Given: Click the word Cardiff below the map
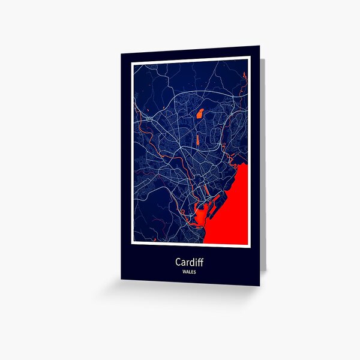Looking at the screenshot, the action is pos(189,262).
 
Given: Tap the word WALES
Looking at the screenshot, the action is pos(190,272).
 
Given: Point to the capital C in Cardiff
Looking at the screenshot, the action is pos(179,262).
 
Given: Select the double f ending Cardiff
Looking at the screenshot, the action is pos(200,262).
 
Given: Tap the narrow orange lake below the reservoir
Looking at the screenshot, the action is pos(196,140).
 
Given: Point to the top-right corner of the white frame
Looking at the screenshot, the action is pos(248,58).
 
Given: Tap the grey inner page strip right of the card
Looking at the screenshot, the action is pos(262,168).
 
